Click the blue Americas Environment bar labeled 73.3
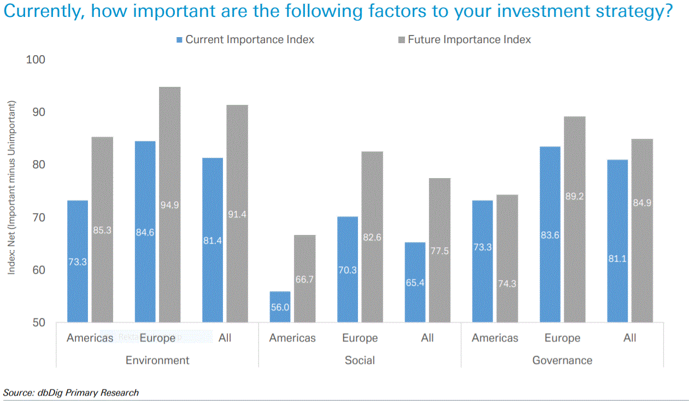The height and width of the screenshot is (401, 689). point(77,261)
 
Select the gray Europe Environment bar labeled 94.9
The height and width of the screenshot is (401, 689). point(169,204)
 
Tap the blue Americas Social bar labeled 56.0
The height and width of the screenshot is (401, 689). point(280,307)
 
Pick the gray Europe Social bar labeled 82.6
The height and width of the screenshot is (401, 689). point(372,237)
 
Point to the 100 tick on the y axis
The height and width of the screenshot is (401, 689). point(36,59)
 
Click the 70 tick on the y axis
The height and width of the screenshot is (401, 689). point(36,217)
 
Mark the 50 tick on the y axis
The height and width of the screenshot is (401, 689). point(36,322)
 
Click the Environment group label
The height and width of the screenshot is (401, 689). point(157,360)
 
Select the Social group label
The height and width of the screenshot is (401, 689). point(360,360)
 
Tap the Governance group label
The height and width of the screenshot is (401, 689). point(562,360)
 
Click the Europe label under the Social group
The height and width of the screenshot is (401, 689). point(360,338)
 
